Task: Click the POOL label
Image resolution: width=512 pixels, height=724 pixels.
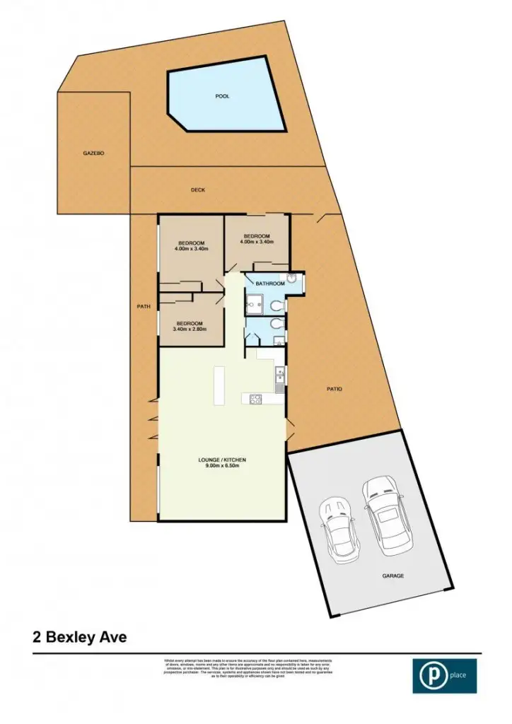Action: click(223, 97)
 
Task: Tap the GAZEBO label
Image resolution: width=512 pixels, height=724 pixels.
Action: click(93, 153)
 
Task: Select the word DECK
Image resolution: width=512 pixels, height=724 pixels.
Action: click(197, 189)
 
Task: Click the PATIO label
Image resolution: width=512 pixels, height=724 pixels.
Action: click(334, 388)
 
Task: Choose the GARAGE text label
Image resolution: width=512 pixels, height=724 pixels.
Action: click(393, 576)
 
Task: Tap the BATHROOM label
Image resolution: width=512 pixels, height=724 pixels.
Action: click(270, 284)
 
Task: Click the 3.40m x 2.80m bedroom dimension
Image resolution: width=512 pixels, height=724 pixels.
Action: click(190, 329)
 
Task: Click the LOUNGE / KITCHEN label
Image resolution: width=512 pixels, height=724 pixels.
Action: click(222, 460)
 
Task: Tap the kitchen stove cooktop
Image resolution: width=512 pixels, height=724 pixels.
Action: click(255, 399)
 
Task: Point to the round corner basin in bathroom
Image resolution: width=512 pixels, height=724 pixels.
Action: click(291, 279)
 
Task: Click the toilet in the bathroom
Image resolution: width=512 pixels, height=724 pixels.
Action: click(277, 305)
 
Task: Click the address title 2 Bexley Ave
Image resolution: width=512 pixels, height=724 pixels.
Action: click(80, 637)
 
